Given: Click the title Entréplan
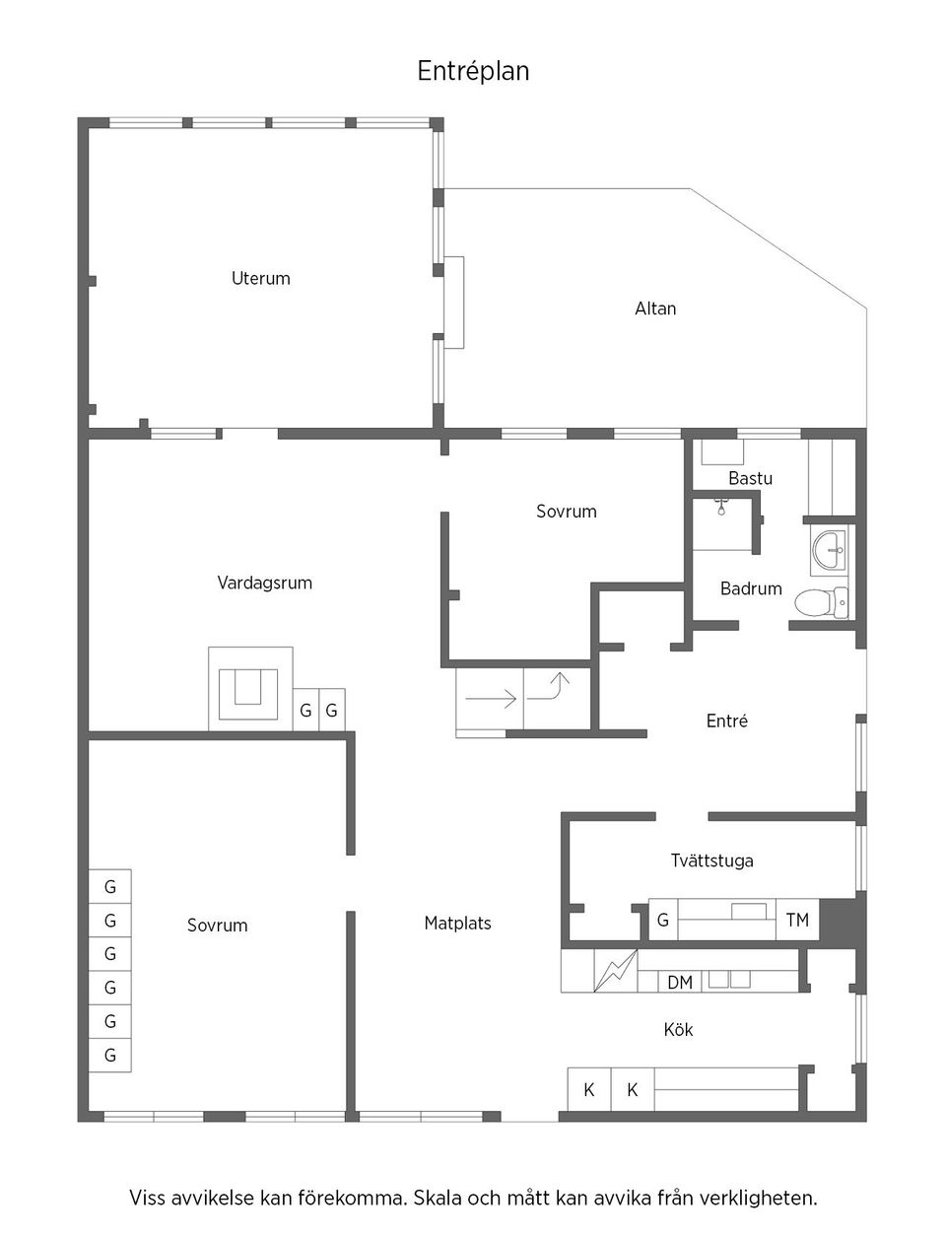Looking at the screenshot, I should [473, 71].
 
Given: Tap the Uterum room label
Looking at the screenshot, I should [260, 278].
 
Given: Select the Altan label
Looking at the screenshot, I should [655, 309].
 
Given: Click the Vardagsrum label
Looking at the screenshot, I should [264, 583].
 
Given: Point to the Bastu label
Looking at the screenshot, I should [750, 478].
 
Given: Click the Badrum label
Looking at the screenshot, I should [751, 588].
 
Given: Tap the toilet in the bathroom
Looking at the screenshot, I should [819, 601].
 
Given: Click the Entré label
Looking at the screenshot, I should [726, 722].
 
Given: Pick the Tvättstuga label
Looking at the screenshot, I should [711, 860].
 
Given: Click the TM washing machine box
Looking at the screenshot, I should [797, 920].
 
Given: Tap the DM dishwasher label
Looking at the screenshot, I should [680, 983].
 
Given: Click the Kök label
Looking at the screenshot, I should [678, 1030].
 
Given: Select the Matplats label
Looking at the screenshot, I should [457, 924].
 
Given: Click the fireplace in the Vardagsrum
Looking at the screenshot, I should [250, 688].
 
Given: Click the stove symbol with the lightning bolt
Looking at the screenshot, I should [615, 972].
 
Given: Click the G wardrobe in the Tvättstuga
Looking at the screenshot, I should [663, 920].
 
